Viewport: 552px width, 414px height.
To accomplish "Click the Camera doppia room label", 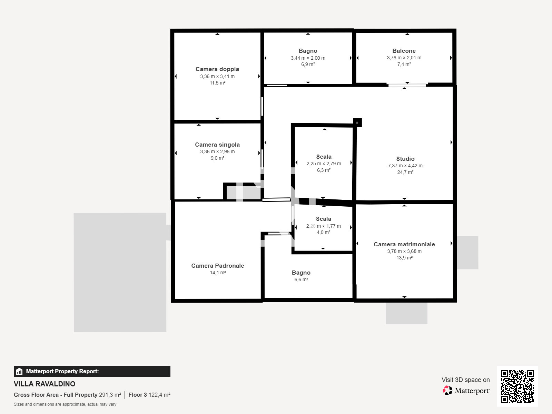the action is click(x=217, y=69).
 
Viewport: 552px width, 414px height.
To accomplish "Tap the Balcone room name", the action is click(x=404, y=51).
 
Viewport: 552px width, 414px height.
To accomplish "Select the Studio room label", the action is click(x=405, y=159).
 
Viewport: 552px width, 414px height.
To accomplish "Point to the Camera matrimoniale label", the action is click(x=404, y=244).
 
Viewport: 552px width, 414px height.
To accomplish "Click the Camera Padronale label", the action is click(x=218, y=266).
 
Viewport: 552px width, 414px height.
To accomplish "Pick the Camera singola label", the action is click(x=217, y=145).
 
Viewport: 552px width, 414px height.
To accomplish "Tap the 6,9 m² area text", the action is click(x=308, y=65).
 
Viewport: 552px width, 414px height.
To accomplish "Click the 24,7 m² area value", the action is click(x=405, y=172).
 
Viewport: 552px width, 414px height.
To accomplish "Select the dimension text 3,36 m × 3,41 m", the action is click(x=217, y=76).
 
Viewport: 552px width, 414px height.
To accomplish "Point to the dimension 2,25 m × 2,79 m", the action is click(x=324, y=164).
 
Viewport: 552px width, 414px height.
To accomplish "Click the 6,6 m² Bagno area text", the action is click(x=301, y=279).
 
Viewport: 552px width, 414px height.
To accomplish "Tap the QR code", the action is click(x=517, y=386).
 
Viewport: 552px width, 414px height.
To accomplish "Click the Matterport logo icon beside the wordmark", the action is click(x=447, y=391).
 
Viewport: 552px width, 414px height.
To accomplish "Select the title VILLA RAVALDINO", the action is click(x=45, y=384).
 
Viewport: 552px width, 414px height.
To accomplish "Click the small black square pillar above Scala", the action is click(x=357, y=123).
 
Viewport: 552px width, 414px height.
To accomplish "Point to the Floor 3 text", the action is click(x=138, y=395).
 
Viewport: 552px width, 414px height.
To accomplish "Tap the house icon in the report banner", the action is click(x=19, y=371).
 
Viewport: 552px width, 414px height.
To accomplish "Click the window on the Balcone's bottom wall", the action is click(x=407, y=86).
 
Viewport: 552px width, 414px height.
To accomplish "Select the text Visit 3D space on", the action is click(x=465, y=380).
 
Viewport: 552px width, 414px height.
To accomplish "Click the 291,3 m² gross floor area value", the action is click(x=110, y=395).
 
